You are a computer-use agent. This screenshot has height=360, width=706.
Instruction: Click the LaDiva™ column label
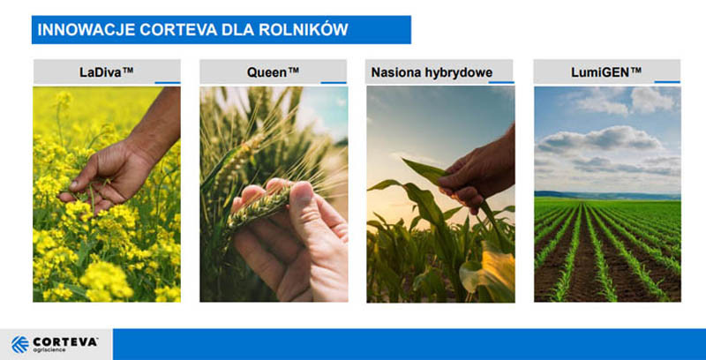pos(106,72)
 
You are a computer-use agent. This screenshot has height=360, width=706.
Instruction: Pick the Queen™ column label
pos(273,72)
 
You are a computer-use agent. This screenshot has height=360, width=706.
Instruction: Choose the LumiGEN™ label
pos(606,72)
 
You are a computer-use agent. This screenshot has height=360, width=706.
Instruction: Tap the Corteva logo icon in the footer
pos(19,344)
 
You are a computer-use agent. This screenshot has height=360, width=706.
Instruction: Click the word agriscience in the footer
pos(49,350)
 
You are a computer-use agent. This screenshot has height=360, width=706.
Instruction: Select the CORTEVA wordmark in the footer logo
pos(64,341)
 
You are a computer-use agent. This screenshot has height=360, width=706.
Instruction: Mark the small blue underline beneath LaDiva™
pos(168,83)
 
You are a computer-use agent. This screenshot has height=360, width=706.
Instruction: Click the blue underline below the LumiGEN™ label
pos(667,82)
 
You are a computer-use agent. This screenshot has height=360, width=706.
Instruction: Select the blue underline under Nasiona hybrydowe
pos(501,83)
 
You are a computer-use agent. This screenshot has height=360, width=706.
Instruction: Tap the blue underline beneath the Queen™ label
pos(334,83)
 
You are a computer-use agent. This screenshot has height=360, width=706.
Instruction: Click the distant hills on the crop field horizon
pos(607,195)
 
